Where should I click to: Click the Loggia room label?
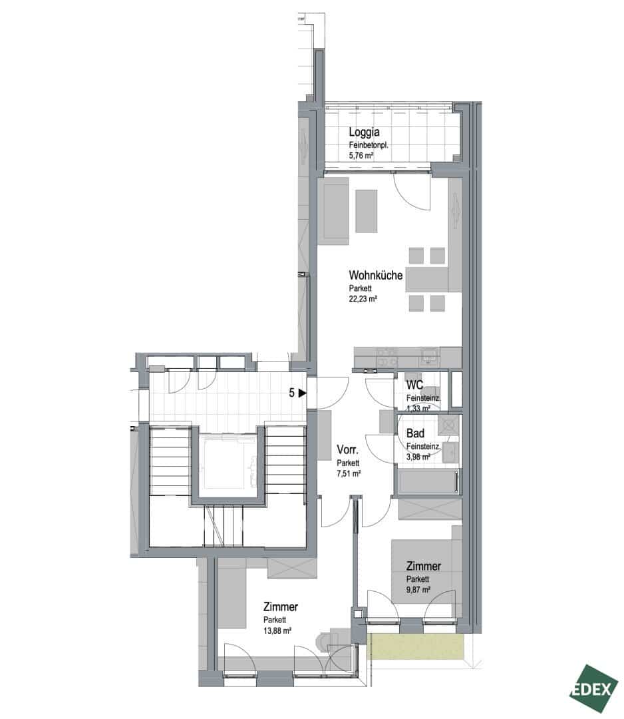click(x=365, y=132)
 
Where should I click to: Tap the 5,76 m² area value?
click(x=361, y=155)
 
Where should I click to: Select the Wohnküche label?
click(x=376, y=275)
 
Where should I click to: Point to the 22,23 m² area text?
click(x=363, y=299)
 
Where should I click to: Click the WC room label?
click(x=414, y=385)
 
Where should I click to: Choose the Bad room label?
click(x=415, y=433)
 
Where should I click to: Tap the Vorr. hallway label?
click(x=347, y=450)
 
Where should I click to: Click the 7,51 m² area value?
click(x=349, y=474)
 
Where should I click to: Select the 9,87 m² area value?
click(x=418, y=590)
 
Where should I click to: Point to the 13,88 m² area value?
click(x=277, y=630)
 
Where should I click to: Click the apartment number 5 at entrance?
click(x=292, y=393)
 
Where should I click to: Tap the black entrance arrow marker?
click(x=302, y=393)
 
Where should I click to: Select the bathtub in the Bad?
click(x=428, y=482)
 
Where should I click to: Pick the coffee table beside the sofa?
click(x=367, y=212)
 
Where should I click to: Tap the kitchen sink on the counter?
click(x=430, y=356)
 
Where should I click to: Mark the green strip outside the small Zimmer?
click(x=416, y=647)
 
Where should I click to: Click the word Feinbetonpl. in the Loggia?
click(x=369, y=145)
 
